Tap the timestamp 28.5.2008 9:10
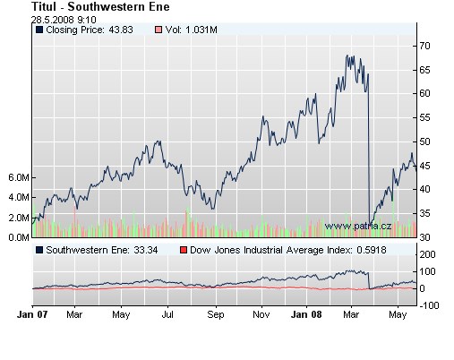[x=61, y=18]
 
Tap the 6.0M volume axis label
[x=17, y=177]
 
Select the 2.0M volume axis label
[x=17, y=218]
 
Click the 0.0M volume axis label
[x=17, y=237]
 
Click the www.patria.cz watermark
[x=359, y=227]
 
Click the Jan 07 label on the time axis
[x=32, y=315]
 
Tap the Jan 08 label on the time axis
[x=308, y=315]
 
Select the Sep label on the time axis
[x=215, y=315]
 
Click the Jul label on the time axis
[x=167, y=315]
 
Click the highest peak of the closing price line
[x=347, y=56]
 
